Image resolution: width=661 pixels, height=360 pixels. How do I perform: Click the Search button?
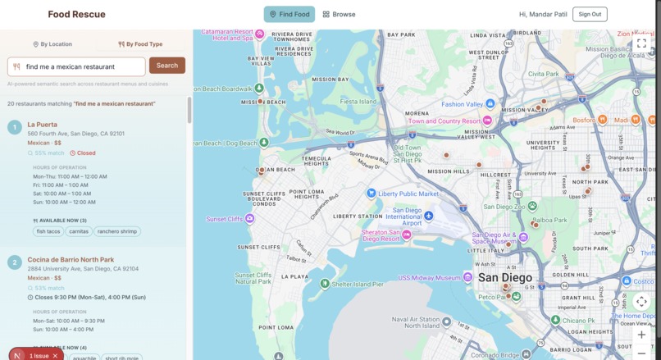[x=166, y=66]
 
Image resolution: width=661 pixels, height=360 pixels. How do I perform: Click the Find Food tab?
[x=289, y=14]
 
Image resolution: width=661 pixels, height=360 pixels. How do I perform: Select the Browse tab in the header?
[x=339, y=14]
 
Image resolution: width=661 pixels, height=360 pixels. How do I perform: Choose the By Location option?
[x=52, y=44]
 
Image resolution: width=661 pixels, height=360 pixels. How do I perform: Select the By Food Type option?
[x=140, y=44]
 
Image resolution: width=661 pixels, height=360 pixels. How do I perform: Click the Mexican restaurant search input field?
[x=82, y=66]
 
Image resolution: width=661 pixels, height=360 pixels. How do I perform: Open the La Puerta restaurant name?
[x=43, y=125]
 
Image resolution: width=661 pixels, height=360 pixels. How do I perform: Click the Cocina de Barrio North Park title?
[x=71, y=260]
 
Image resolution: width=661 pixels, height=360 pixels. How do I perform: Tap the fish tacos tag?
[x=48, y=231]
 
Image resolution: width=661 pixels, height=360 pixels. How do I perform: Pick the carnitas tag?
[x=79, y=231]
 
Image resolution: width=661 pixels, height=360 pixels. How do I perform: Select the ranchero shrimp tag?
[x=117, y=231]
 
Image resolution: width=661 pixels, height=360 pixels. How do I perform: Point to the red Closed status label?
[x=83, y=153]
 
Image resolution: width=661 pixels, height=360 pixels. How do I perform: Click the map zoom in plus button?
[x=641, y=335]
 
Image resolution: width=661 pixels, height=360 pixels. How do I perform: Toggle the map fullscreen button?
[x=641, y=44]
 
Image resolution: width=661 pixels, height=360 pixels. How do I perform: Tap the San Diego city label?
[x=505, y=278]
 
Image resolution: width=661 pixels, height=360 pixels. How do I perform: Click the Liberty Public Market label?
[x=408, y=194]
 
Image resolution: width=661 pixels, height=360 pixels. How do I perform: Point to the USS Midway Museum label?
[x=429, y=278]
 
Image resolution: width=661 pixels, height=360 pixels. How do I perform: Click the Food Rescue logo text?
[x=76, y=14]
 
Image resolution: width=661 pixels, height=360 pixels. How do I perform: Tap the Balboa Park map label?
[x=550, y=221]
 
